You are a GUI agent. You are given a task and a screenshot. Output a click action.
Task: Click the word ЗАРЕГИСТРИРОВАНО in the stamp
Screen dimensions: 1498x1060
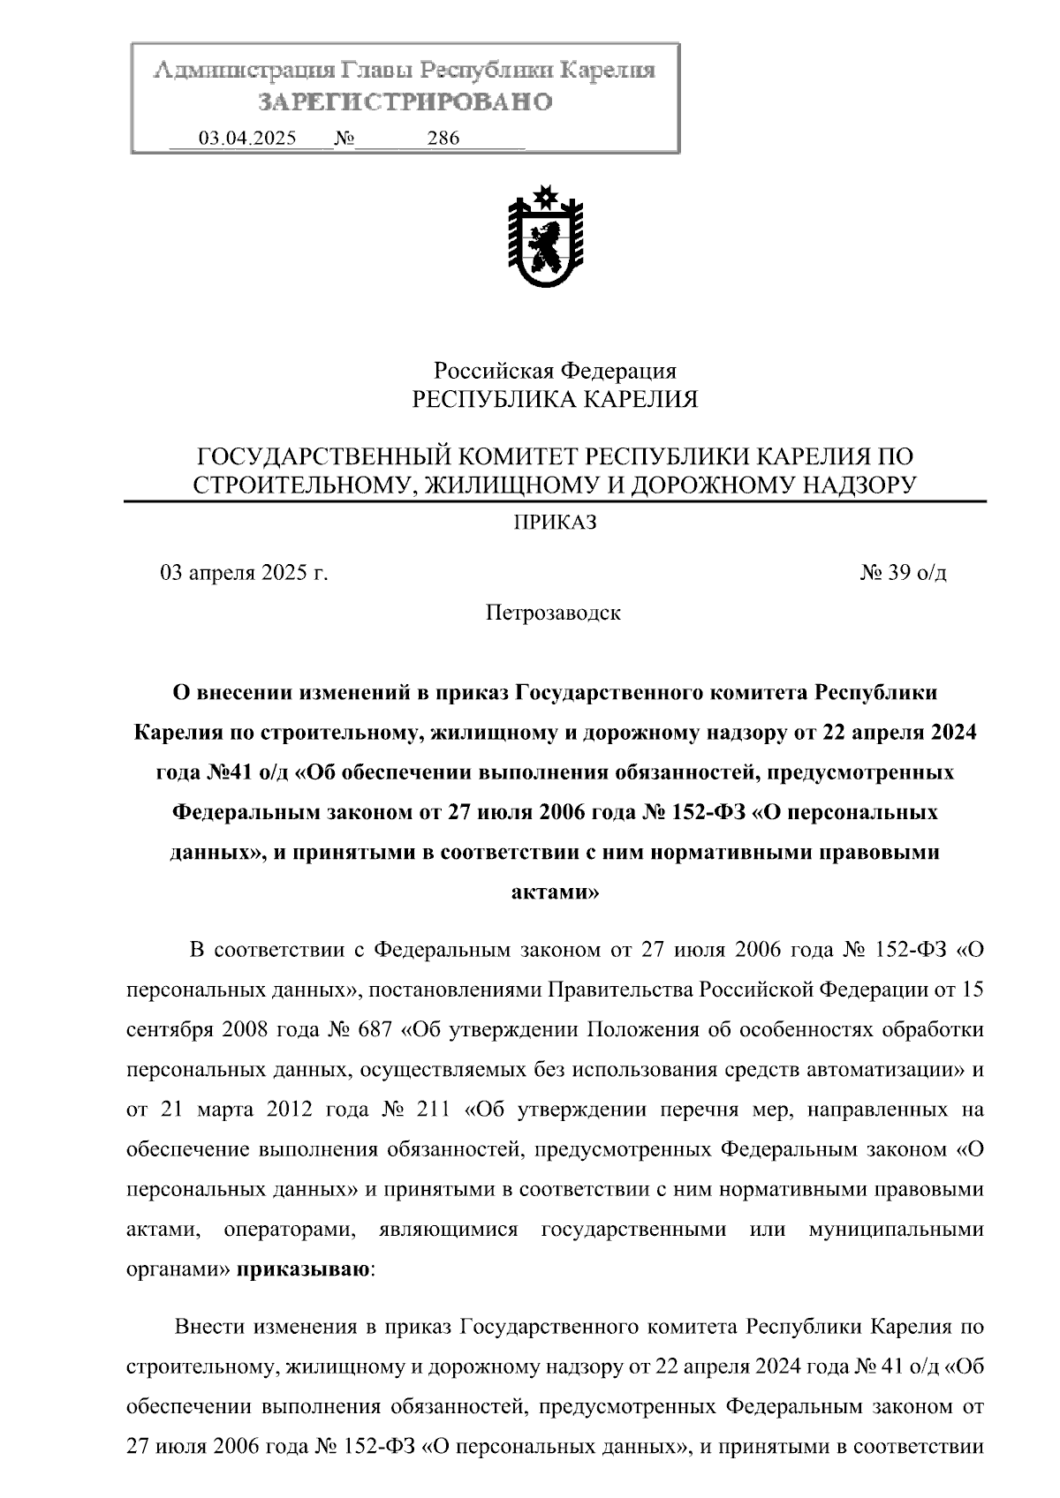[x=405, y=102]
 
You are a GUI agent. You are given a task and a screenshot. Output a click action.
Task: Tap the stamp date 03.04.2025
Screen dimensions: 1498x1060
[x=247, y=139]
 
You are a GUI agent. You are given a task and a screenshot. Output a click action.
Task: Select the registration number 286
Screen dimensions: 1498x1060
[x=443, y=139]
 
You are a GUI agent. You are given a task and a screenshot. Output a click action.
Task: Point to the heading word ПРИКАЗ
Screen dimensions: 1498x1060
[x=556, y=523]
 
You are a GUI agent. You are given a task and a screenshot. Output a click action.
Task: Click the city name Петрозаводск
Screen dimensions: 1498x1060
[x=553, y=613]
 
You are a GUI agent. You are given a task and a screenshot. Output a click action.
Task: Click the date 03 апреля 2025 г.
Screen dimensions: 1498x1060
[x=244, y=573]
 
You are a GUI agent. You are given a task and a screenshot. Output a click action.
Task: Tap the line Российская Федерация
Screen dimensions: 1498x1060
[x=555, y=371]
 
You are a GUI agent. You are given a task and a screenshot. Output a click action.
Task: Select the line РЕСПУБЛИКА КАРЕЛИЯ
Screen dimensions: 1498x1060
[x=556, y=400]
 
